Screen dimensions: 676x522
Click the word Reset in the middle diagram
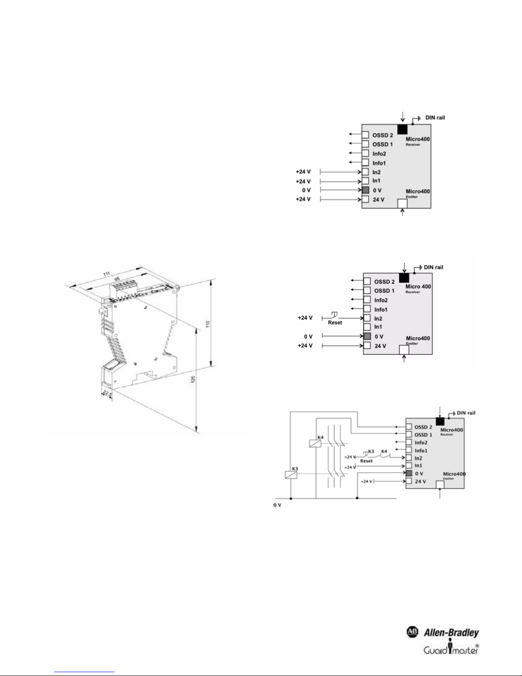[x=335, y=322]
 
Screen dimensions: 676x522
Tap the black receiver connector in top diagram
[x=402, y=129]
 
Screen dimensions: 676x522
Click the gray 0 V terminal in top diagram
[x=365, y=190]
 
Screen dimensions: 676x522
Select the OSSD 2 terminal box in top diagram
[x=365, y=135]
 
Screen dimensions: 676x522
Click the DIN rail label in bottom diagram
[x=466, y=413]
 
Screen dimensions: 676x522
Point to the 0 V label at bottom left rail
[x=277, y=505]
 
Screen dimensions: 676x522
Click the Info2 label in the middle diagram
[x=381, y=300]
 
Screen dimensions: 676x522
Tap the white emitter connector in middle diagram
[x=404, y=350]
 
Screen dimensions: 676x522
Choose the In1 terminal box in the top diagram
[x=365, y=181]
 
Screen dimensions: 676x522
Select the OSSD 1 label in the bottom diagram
[x=423, y=435]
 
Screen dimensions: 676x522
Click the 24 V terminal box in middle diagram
[x=367, y=345]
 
